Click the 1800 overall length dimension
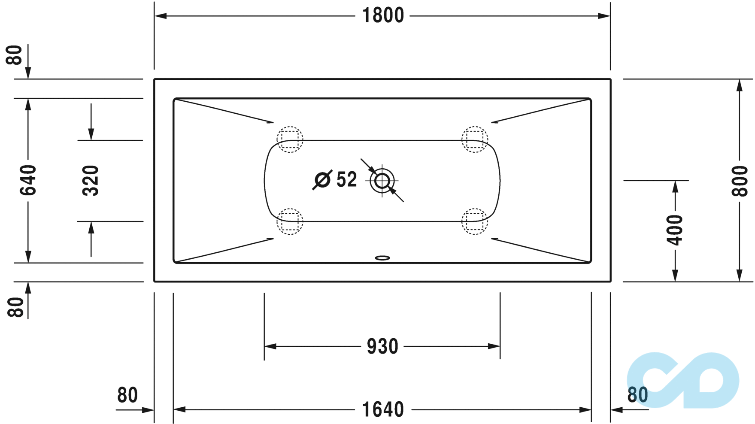(383, 15)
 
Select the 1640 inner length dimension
(383, 409)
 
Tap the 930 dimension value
(382, 346)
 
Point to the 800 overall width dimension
(740, 181)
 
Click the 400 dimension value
(675, 230)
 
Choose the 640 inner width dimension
(28, 180)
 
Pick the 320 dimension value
(91, 180)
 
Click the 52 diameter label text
(346, 179)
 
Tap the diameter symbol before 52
(322, 180)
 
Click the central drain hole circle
(382, 181)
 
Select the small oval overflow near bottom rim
(382, 258)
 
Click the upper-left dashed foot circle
(290, 139)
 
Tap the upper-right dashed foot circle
(475, 139)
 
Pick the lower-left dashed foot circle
(290, 221)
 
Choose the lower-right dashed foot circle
(475, 221)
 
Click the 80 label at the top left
(15, 55)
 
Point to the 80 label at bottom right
(637, 395)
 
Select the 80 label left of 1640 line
(127, 395)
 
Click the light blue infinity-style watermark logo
(682, 380)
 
